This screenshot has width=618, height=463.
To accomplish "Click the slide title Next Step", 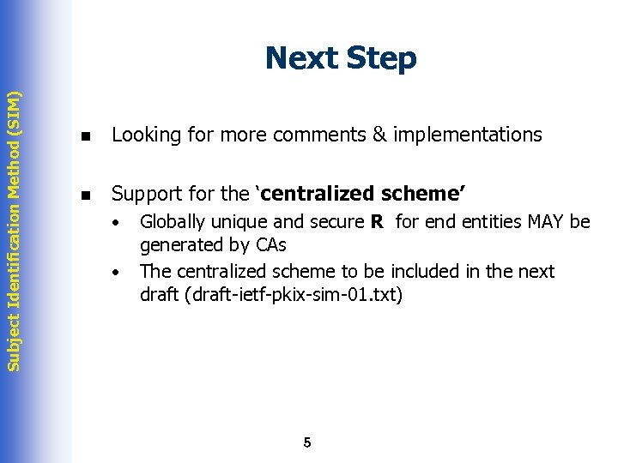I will click(341, 58).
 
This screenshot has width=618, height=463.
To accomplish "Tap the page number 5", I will click(307, 442).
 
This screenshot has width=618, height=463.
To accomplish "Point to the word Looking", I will click(143, 135).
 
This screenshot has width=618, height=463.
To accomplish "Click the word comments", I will click(310, 135).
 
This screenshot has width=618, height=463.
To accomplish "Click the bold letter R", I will click(376, 222).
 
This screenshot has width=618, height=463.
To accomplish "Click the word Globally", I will click(173, 223).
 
